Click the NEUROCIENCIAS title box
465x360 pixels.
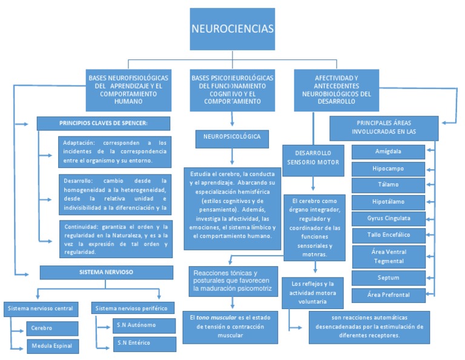(232, 29)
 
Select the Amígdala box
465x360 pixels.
(388, 151)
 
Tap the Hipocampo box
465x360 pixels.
(388, 168)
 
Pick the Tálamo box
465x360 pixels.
(388, 184)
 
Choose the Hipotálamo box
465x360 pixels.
(388, 201)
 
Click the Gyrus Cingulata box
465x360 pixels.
(388, 218)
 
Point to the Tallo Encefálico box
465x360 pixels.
(388, 234)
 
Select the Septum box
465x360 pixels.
(388, 278)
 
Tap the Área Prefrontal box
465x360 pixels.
(388, 295)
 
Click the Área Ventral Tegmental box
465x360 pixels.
(388, 256)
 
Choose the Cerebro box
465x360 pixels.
(52, 328)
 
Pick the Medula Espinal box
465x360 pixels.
(52, 347)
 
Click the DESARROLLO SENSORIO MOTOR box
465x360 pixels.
(312, 158)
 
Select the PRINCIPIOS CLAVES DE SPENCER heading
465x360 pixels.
(103, 124)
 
